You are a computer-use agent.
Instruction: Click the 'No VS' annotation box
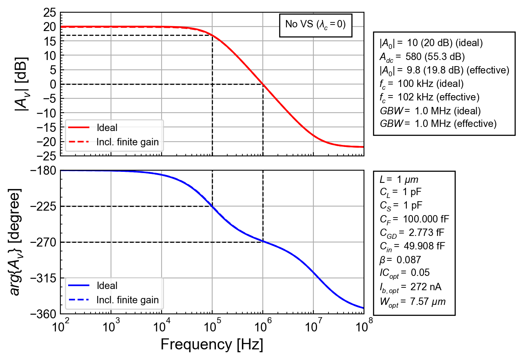[x=315, y=25]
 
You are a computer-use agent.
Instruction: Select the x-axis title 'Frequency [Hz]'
[x=212, y=344]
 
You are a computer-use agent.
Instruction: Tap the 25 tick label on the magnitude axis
[x=50, y=13]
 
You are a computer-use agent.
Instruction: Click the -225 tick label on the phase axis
[x=43, y=206]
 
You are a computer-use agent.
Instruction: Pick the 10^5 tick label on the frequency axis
[x=212, y=326]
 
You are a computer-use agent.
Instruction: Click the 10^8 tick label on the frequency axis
[x=364, y=326]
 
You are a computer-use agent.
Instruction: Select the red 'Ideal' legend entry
[x=93, y=127]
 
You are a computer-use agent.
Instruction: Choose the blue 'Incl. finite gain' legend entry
[x=113, y=300]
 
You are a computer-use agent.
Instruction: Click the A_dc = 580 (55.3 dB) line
[x=422, y=57]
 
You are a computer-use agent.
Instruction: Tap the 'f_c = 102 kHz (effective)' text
[x=430, y=97]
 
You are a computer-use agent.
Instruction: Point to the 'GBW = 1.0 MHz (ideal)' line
[x=430, y=111]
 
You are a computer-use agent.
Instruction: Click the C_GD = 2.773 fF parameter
[x=412, y=233]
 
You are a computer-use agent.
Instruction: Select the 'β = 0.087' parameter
[x=400, y=260]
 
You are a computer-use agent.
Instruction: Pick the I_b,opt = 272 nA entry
[x=410, y=287]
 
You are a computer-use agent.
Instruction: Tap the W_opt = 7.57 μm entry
[x=413, y=302]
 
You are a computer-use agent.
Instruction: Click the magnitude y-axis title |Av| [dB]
[x=22, y=84]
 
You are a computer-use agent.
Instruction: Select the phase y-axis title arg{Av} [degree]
[x=15, y=242]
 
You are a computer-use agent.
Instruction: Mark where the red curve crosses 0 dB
[x=263, y=84]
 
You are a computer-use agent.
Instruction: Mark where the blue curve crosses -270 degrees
[x=263, y=242]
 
